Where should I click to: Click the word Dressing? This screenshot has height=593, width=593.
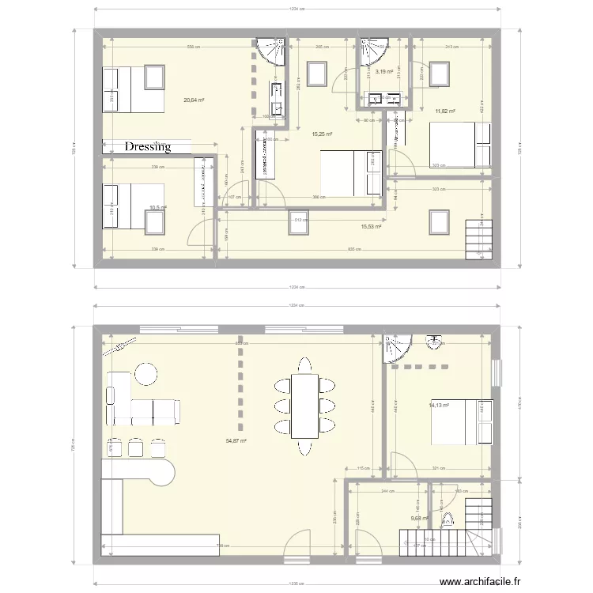(x=148, y=147)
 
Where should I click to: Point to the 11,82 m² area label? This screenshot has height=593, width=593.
(x=446, y=111)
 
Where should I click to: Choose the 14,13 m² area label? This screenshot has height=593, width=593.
(x=439, y=406)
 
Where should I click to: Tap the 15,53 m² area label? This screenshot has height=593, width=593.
(x=371, y=227)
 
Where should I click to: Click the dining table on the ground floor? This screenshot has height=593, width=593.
(x=304, y=406)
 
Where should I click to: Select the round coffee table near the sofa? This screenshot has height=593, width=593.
(x=146, y=372)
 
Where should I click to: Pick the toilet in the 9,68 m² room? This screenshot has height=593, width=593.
(x=448, y=519)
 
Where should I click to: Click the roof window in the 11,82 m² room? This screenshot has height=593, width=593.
(x=439, y=74)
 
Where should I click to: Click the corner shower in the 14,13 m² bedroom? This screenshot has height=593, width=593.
(x=395, y=348)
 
